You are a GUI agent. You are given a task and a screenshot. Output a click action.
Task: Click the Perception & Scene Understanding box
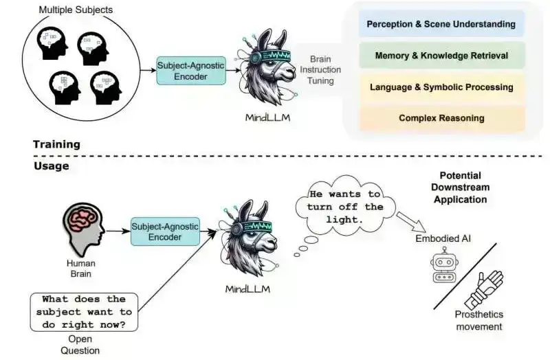[441, 24]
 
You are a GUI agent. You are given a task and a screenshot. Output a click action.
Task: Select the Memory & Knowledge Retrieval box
[441, 56]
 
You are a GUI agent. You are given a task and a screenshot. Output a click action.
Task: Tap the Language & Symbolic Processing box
[441, 87]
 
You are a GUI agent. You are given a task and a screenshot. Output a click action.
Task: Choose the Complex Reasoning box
[441, 118]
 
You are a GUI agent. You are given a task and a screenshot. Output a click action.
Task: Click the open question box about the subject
[83, 311]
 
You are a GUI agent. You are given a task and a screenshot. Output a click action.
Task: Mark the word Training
[56, 144]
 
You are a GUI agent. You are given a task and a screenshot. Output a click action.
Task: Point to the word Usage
[51, 166]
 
